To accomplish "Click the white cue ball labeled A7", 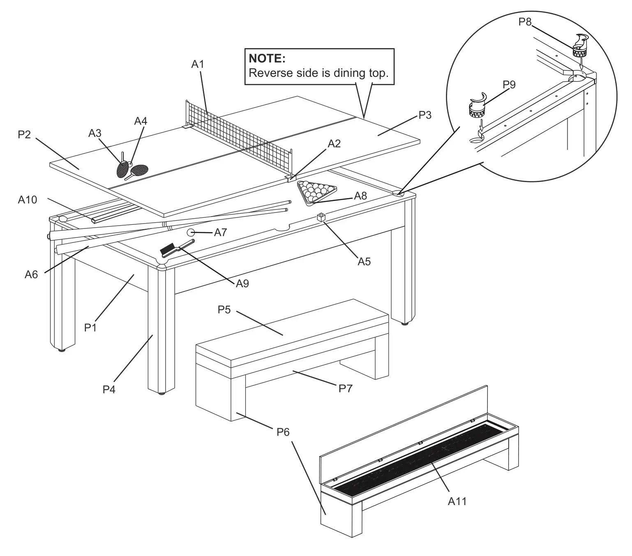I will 191,232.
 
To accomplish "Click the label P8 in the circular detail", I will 525,22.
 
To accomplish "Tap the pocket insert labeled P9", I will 479,105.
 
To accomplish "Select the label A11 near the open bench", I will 457,501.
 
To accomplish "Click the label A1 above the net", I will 198,64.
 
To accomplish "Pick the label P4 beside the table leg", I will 109,389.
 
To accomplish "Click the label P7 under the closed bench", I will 345,388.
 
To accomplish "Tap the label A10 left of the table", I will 28,200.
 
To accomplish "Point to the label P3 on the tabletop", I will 424,115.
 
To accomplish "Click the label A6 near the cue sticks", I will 31,274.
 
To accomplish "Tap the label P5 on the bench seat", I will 224,309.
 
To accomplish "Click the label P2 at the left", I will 24,134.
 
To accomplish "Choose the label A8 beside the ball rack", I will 360,196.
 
